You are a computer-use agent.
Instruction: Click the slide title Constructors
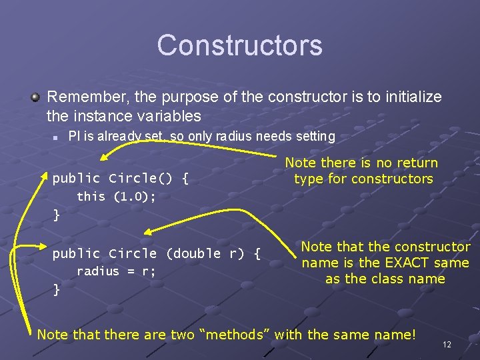(x=240, y=45)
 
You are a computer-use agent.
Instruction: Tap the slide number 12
(x=447, y=345)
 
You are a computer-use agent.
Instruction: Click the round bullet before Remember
(x=35, y=97)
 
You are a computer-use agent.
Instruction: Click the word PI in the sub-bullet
(x=75, y=137)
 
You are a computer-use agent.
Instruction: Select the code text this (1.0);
(x=115, y=196)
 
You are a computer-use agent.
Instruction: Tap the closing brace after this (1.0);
(x=56, y=215)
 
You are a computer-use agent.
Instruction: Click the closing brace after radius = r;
(x=56, y=289)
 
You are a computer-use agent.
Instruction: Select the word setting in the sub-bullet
(x=313, y=137)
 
